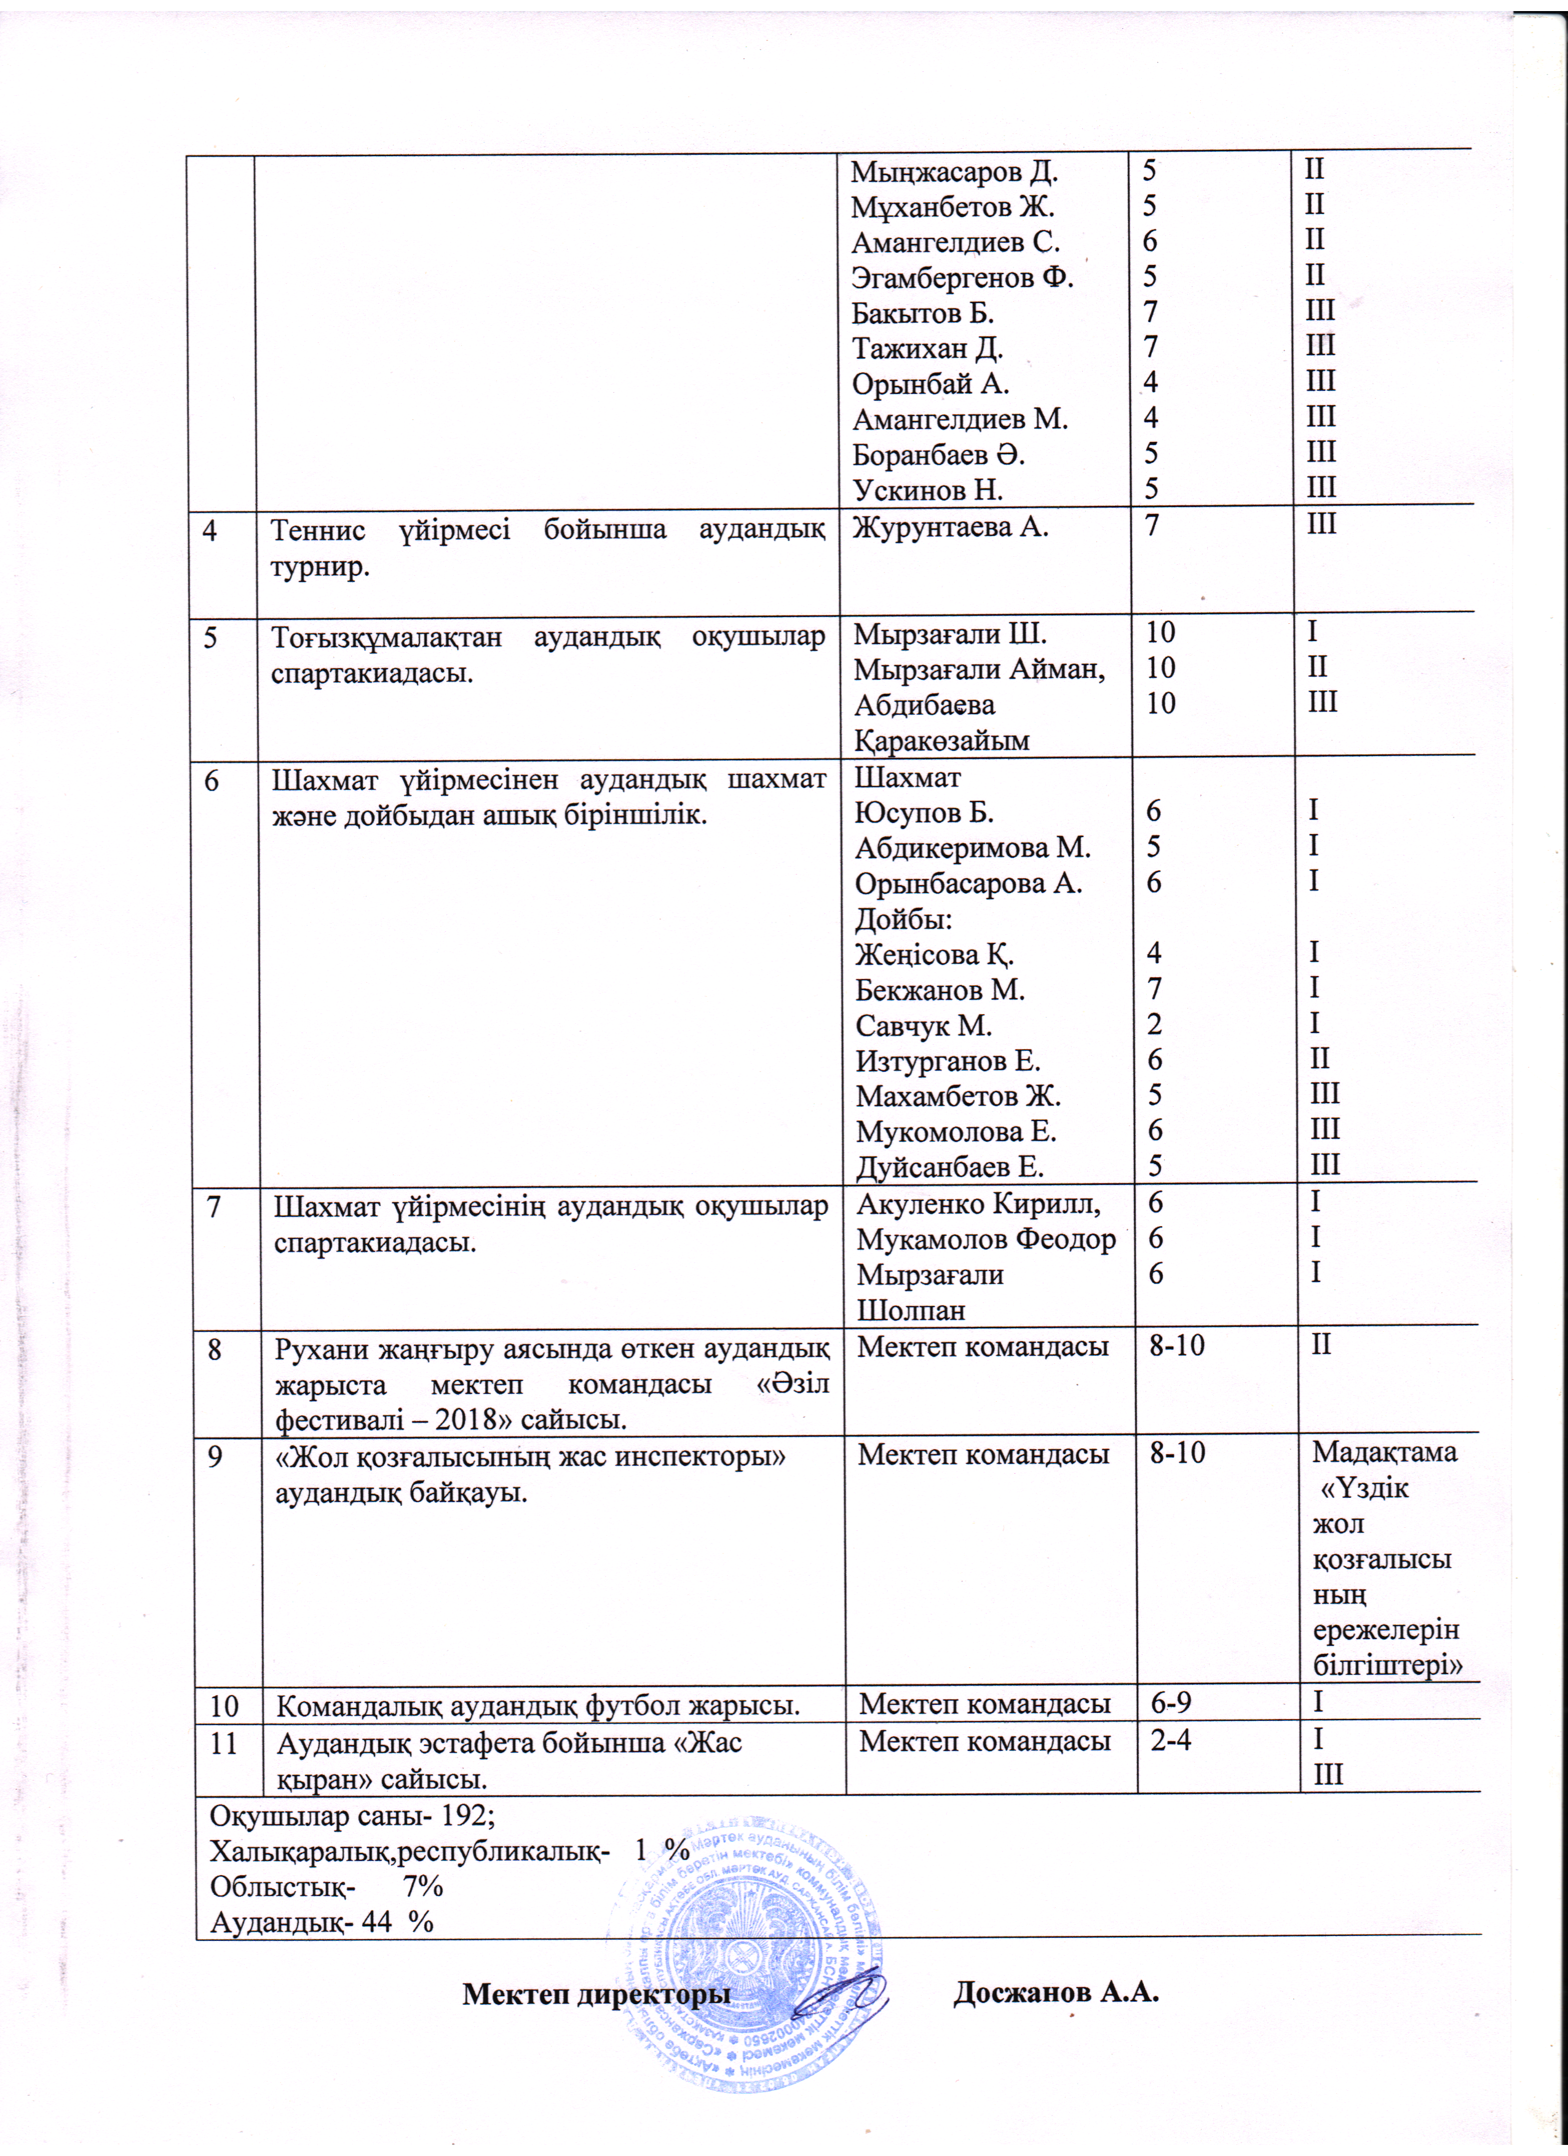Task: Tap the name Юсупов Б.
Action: [924, 812]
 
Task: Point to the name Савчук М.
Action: [922, 1026]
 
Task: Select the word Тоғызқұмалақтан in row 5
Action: [386, 636]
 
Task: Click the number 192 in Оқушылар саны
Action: [467, 1815]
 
